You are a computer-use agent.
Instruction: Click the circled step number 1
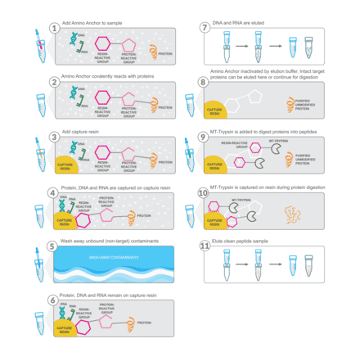(x=54, y=27)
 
